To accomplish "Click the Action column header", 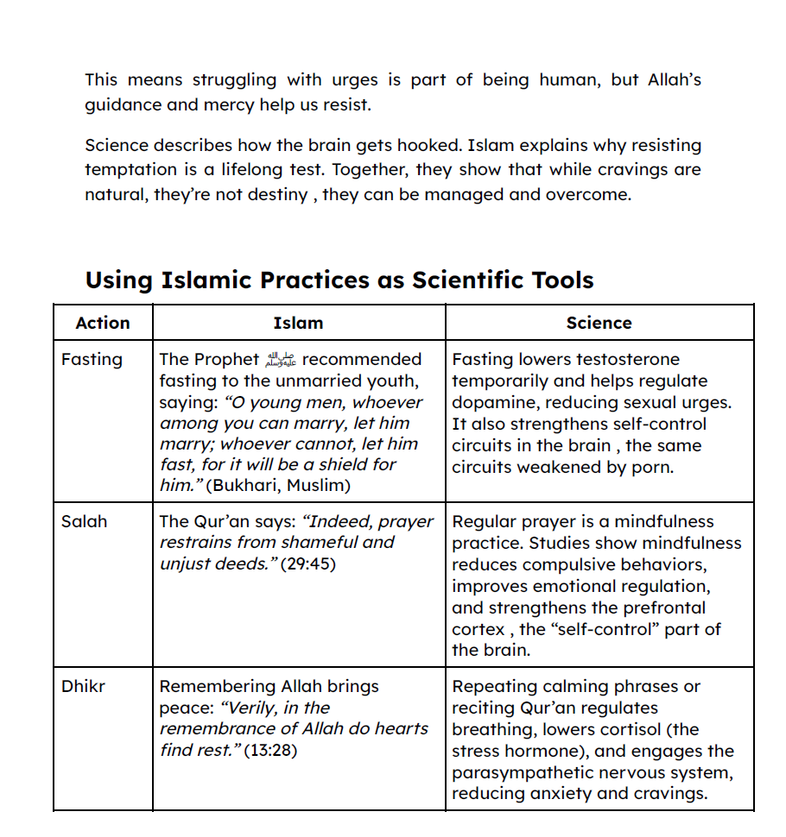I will [103, 323].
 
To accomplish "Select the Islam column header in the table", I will [298, 323].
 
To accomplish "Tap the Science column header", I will [599, 323].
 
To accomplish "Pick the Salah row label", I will [84, 521].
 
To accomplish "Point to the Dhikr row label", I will [84, 687].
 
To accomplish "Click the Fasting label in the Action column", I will [92, 359].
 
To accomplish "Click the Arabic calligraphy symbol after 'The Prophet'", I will [281, 360].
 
